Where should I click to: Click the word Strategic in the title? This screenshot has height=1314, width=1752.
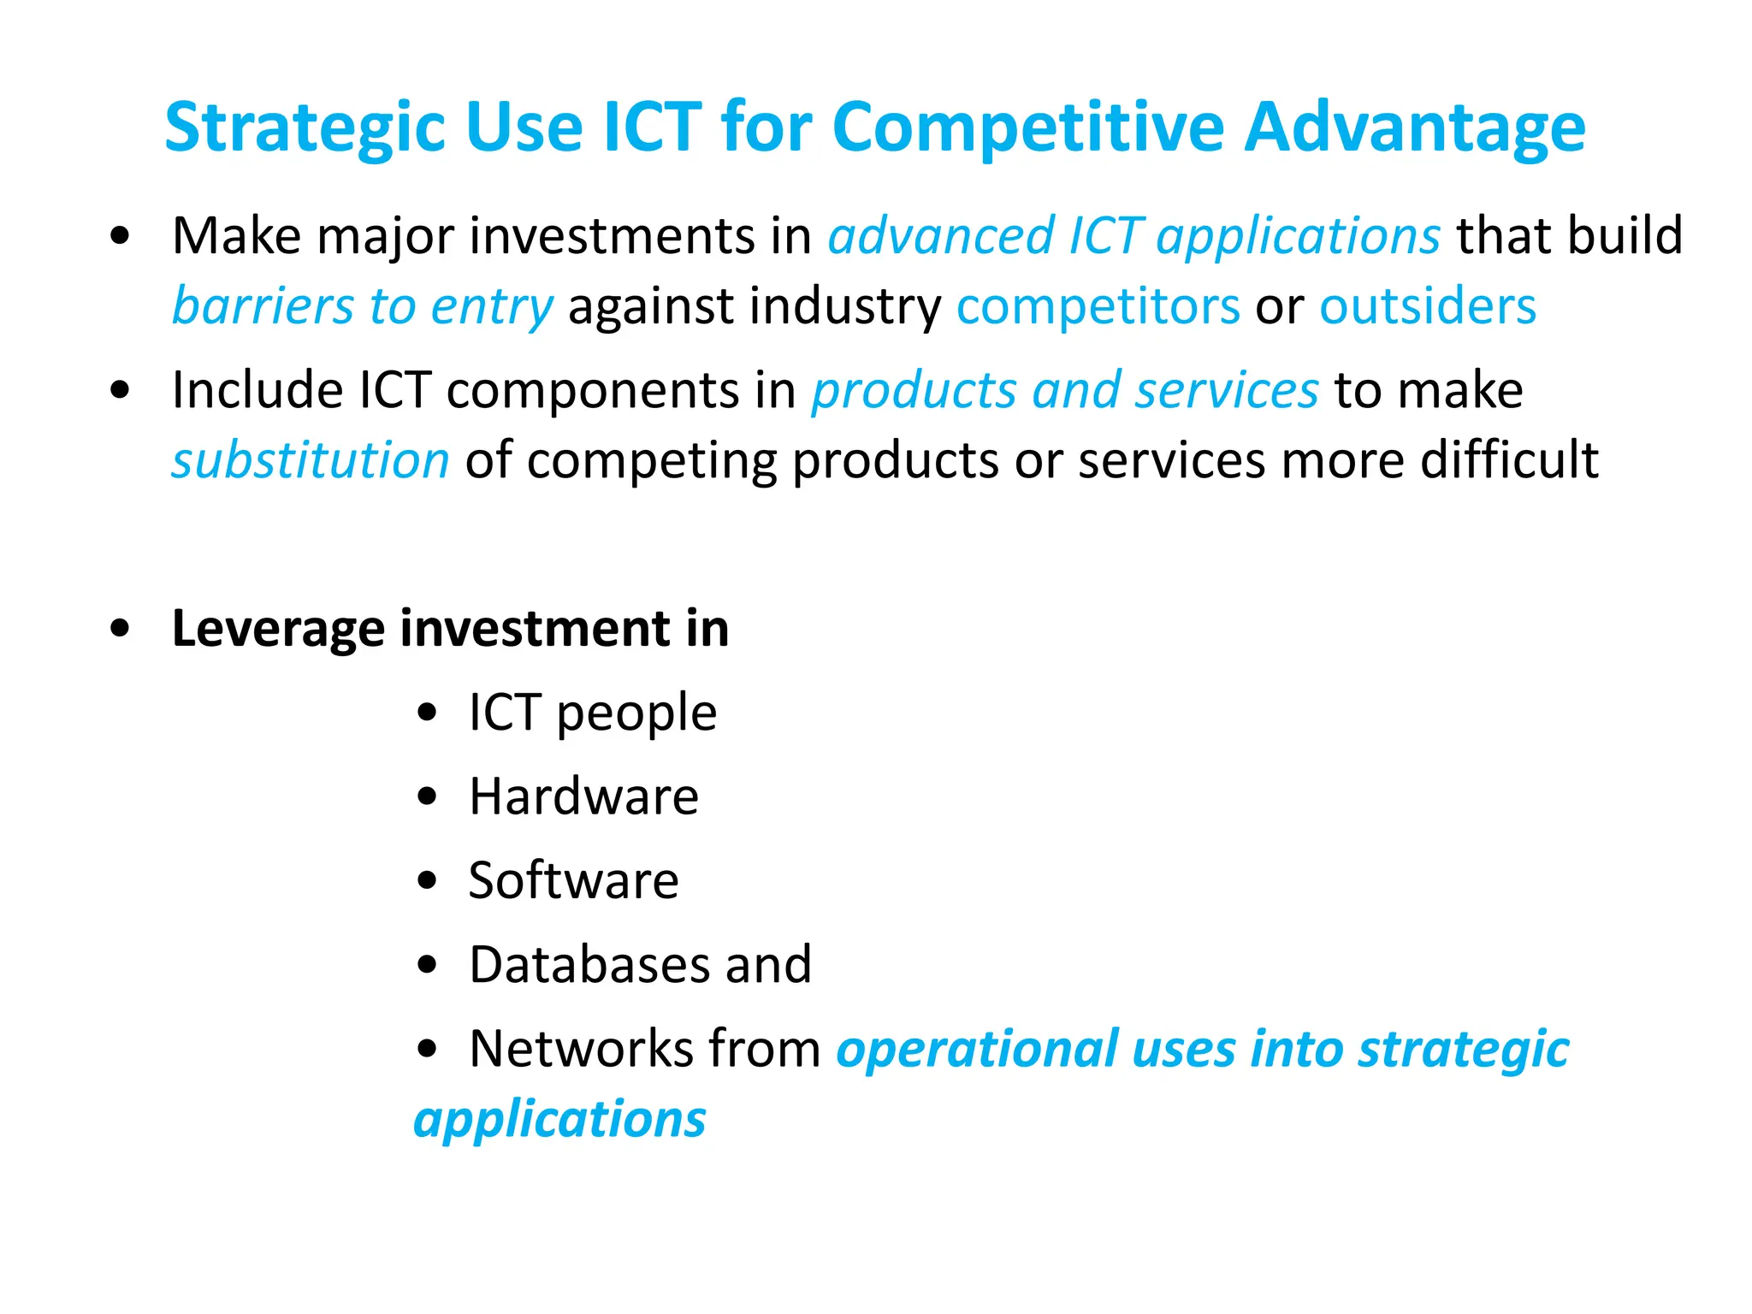tap(305, 128)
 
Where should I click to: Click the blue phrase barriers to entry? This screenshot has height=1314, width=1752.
tap(363, 306)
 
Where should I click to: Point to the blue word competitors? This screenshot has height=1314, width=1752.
tap(1098, 306)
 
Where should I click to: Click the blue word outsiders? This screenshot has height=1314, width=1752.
tap(1427, 306)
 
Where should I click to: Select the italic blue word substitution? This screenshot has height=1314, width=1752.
tap(310, 460)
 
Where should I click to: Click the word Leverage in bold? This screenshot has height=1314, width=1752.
tap(278, 629)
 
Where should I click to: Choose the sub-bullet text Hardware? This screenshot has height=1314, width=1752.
tap(583, 796)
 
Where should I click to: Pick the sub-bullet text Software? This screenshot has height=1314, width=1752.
tap(573, 880)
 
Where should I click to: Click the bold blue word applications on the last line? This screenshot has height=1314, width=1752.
tap(559, 1120)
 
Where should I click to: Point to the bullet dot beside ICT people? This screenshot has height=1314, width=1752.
tap(427, 713)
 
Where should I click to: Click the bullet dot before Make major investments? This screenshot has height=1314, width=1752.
tap(120, 236)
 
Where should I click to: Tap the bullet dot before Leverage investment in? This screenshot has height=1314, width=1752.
tap(120, 629)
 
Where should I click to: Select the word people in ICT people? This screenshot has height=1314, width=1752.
tap(636, 714)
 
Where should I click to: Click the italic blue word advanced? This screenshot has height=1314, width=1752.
tap(941, 236)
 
